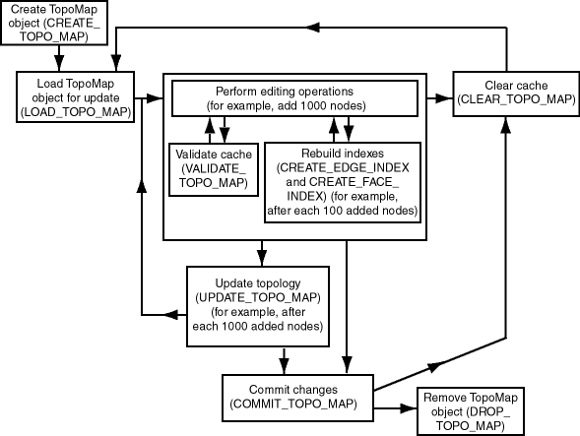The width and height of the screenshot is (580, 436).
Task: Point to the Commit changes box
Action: click(292, 397)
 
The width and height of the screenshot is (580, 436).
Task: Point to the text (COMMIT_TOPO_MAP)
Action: click(292, 405)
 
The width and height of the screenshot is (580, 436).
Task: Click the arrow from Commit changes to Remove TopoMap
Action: click(385, 405)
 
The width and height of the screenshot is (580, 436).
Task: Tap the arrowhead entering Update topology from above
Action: click(262, 259)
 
